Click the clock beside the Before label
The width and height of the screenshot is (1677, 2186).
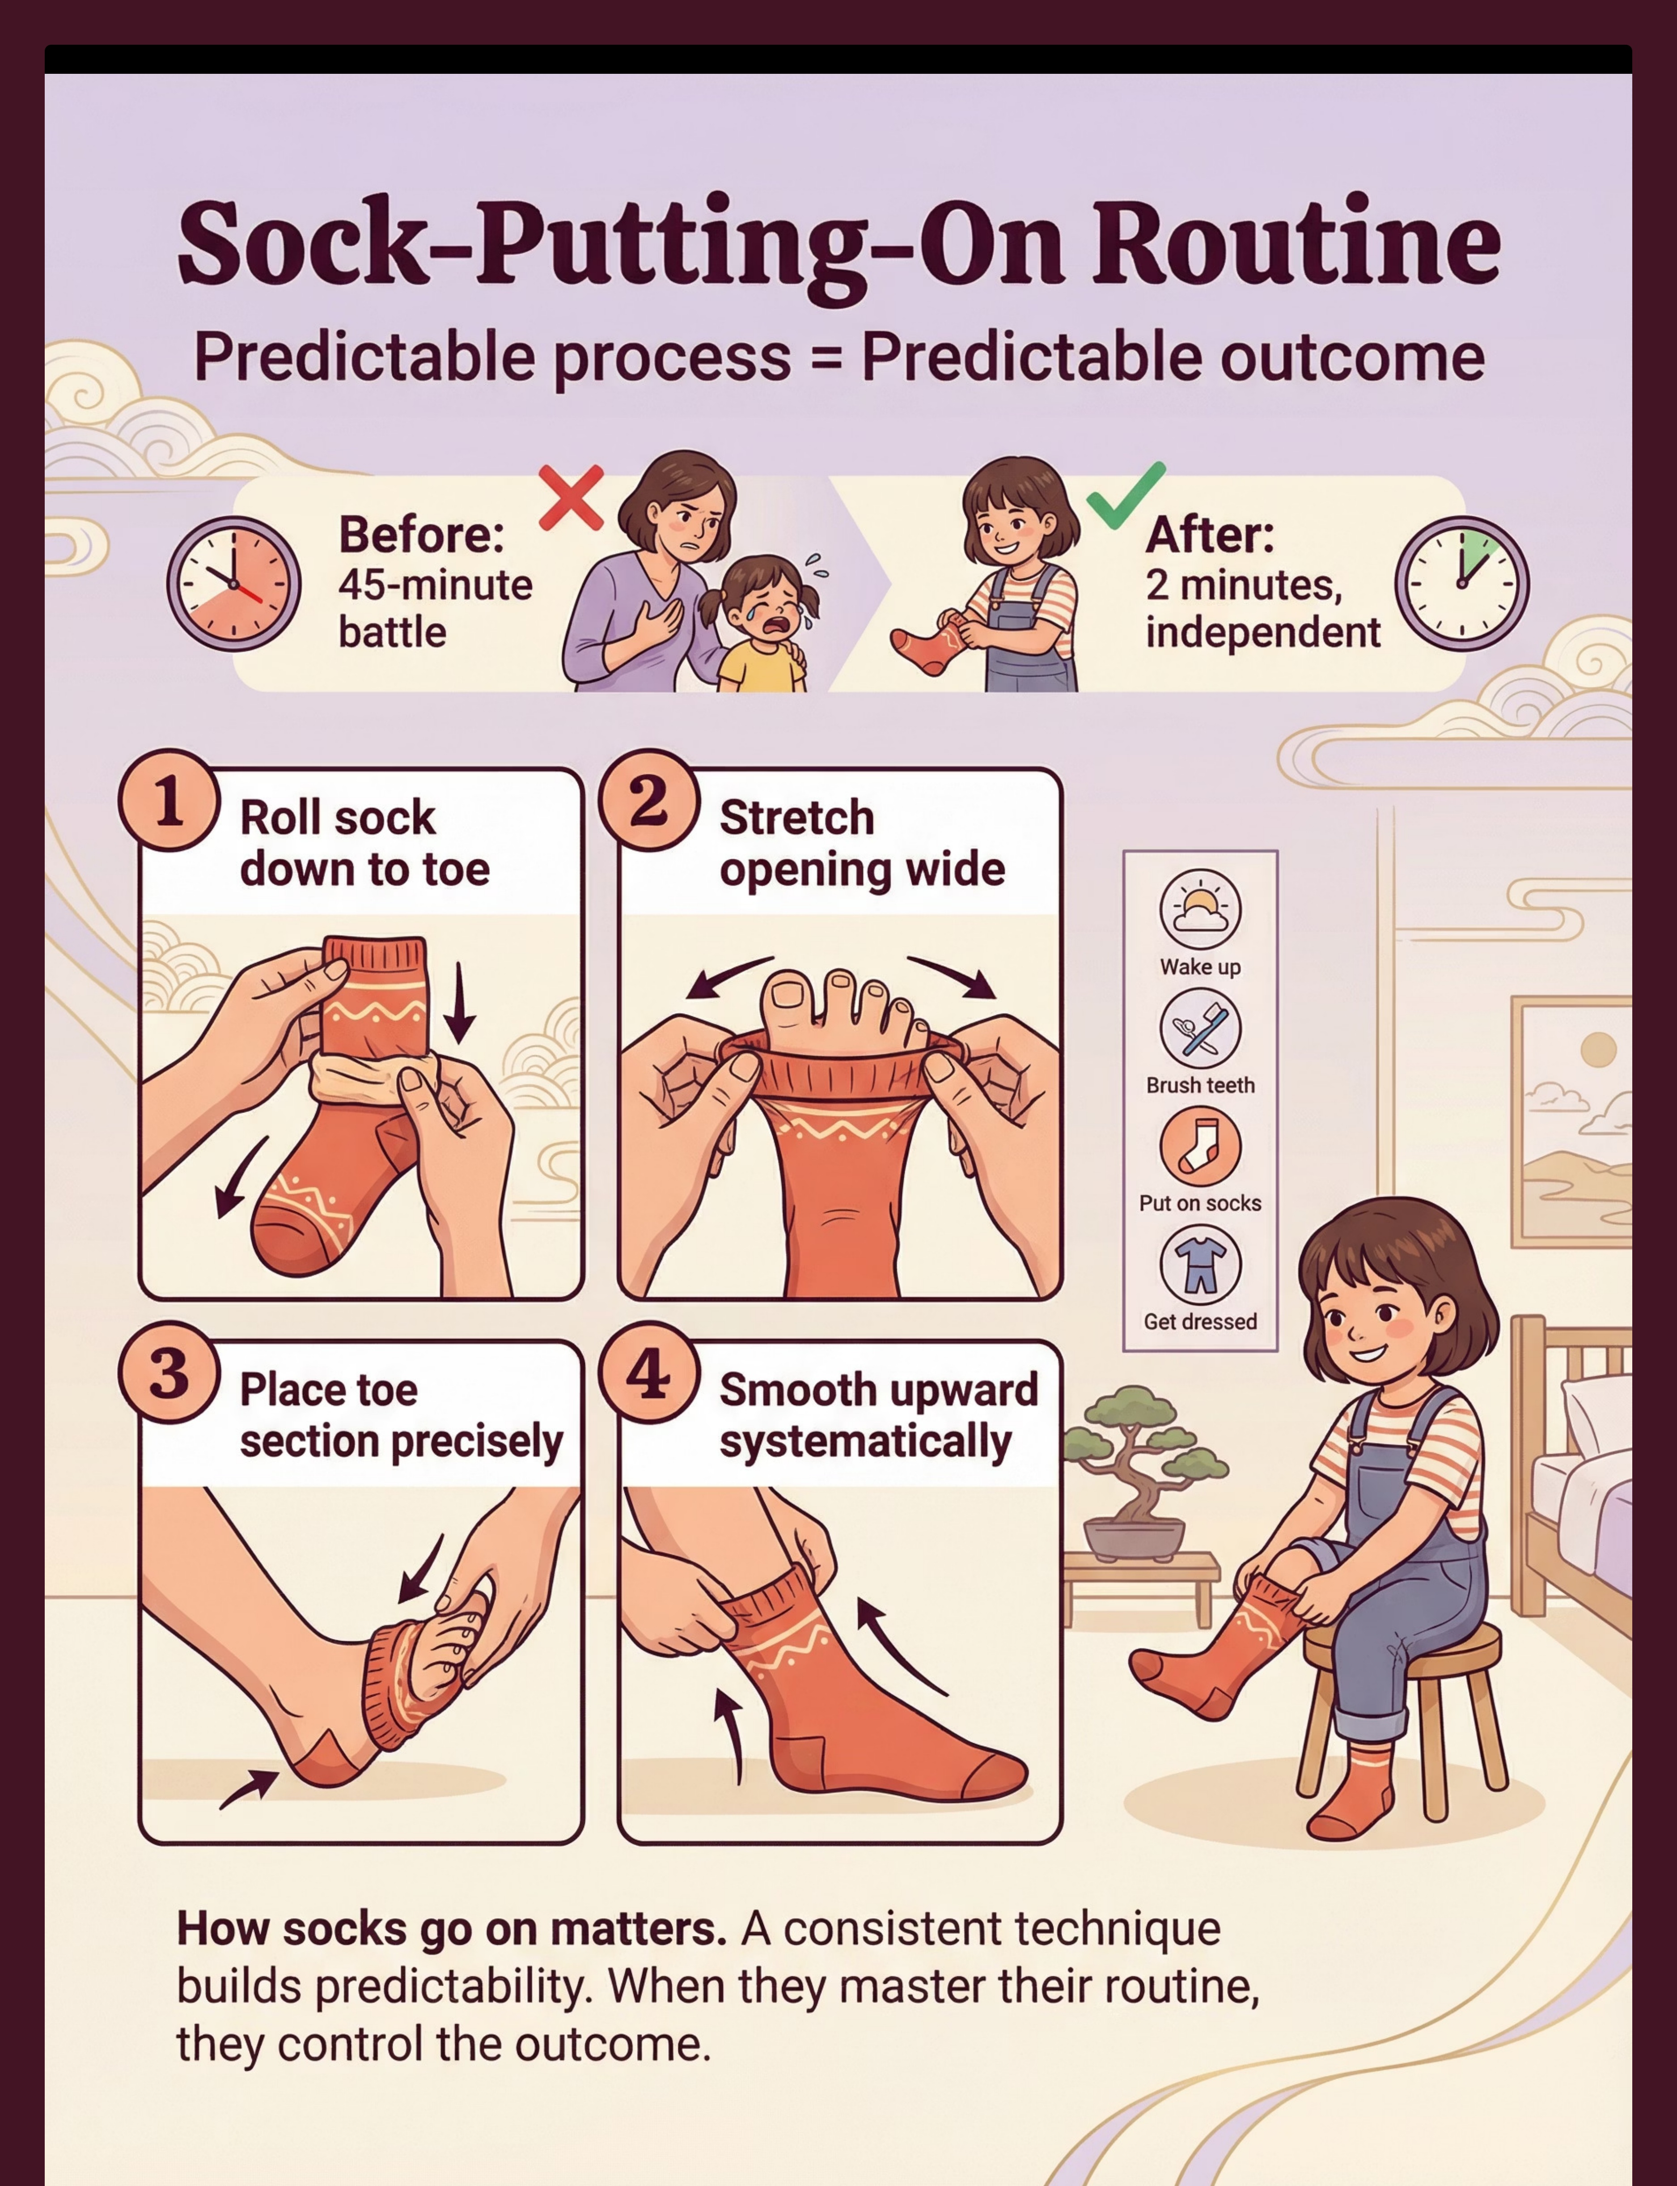(233, 584)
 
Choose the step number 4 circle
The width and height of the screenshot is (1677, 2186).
(649, 1374)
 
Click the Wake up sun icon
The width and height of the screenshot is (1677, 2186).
(1200, 908)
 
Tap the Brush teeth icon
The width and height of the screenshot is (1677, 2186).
(1200, 1028)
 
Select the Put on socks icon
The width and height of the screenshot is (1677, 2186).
(1200, 1147)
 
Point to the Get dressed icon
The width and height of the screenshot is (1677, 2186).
(1200, 1265)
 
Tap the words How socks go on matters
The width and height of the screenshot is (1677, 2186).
(451, 1930)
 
